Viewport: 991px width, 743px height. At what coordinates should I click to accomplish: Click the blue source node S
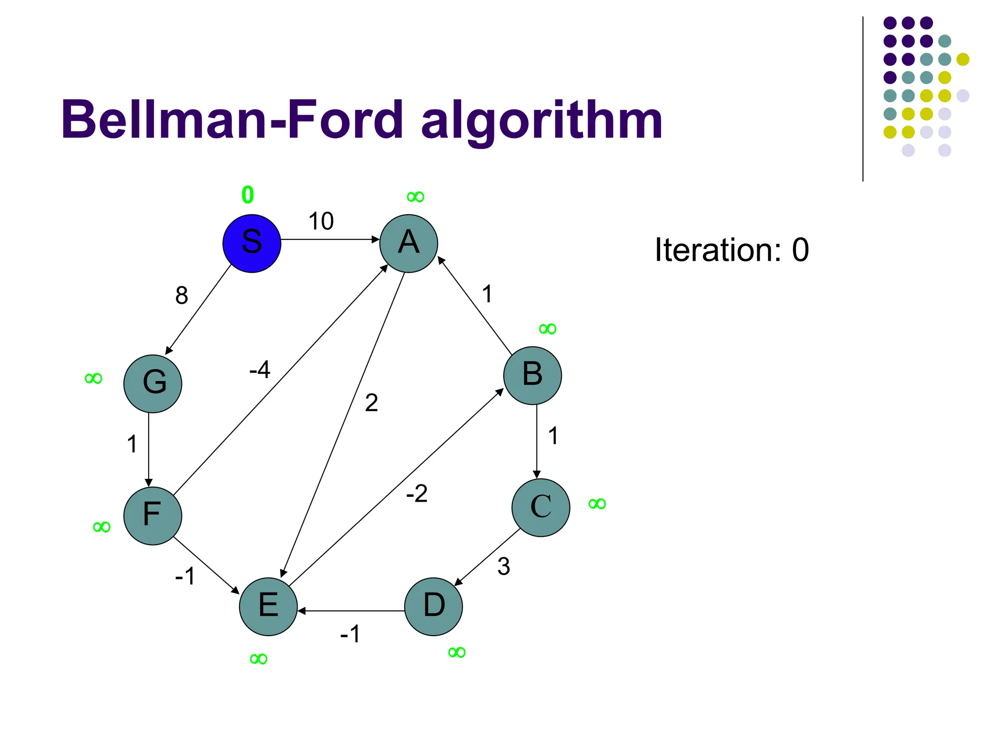252,243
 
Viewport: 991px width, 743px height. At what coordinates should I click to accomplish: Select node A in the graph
408,243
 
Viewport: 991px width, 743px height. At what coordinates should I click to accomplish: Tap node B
532,375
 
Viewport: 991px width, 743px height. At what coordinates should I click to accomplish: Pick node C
541,507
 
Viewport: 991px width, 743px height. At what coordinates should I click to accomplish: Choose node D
433,606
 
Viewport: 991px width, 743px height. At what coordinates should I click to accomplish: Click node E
268,606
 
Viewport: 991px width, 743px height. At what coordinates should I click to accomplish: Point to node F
152,516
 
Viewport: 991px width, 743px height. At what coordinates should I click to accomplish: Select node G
152,384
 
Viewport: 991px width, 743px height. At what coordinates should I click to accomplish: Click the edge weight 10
321,222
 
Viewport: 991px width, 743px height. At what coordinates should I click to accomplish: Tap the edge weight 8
181,295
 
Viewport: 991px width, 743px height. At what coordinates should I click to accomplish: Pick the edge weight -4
260,370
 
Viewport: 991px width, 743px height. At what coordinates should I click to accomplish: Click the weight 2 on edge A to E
371,402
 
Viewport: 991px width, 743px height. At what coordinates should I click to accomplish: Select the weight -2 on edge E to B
417,494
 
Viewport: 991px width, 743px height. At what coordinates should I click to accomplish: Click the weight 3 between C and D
503,566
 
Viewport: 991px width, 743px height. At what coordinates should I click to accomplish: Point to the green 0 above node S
247,195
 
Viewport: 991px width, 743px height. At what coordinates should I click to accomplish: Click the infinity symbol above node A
415,197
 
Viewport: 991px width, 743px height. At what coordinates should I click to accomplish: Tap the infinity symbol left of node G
93,378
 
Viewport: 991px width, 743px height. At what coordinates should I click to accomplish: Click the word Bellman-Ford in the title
232,119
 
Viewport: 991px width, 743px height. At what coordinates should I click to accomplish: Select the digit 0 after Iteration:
800,250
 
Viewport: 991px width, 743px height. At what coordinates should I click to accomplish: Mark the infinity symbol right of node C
597,504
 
